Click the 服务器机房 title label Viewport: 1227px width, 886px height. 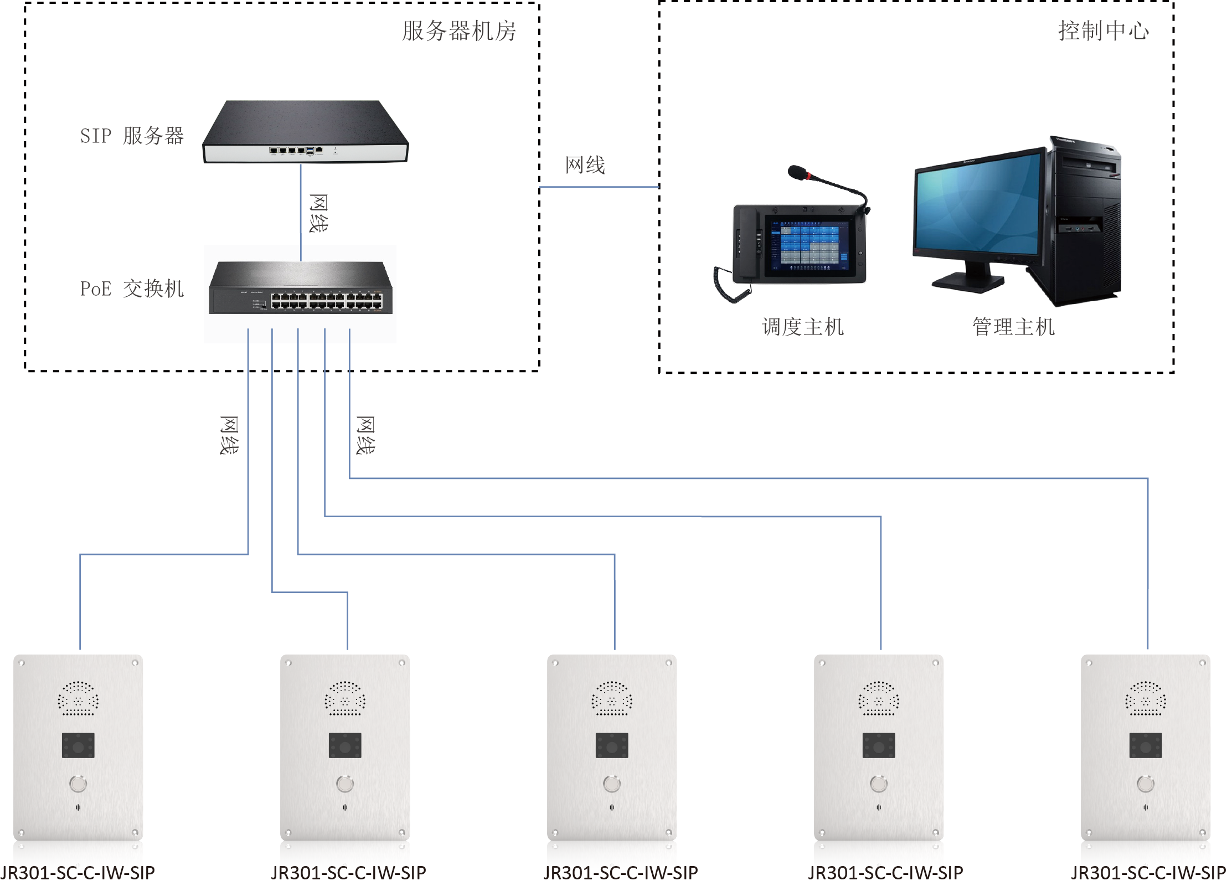(458, 31)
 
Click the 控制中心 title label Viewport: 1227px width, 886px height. (1103, 31)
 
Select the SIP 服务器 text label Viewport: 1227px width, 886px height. (132, 136)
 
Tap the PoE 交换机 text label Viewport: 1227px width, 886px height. (132, 289)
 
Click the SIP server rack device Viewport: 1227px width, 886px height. (305, 133)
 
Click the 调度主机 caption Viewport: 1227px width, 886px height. (802, 327)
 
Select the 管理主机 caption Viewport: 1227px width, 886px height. (1013, 327)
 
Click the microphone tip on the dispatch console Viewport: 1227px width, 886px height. (797, 172)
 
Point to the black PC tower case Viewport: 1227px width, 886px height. (1085, 221)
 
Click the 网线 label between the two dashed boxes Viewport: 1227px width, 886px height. (585, 165)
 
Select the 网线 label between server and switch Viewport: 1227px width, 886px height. (318, 213)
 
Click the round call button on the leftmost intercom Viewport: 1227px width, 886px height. (78, 784)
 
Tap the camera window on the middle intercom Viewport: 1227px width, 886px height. (612, 745)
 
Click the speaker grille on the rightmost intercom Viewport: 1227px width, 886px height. (1146, 698)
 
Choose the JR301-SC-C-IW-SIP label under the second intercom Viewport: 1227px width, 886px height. (348, 873)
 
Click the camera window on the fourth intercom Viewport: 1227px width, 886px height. (879, 745)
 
